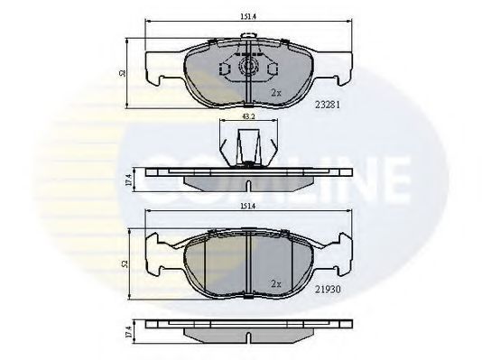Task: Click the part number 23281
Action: point(328,102)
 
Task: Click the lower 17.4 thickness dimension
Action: point(126,332)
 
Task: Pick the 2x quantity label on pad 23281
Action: point(277,93)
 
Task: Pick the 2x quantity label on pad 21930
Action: point(277,282)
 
